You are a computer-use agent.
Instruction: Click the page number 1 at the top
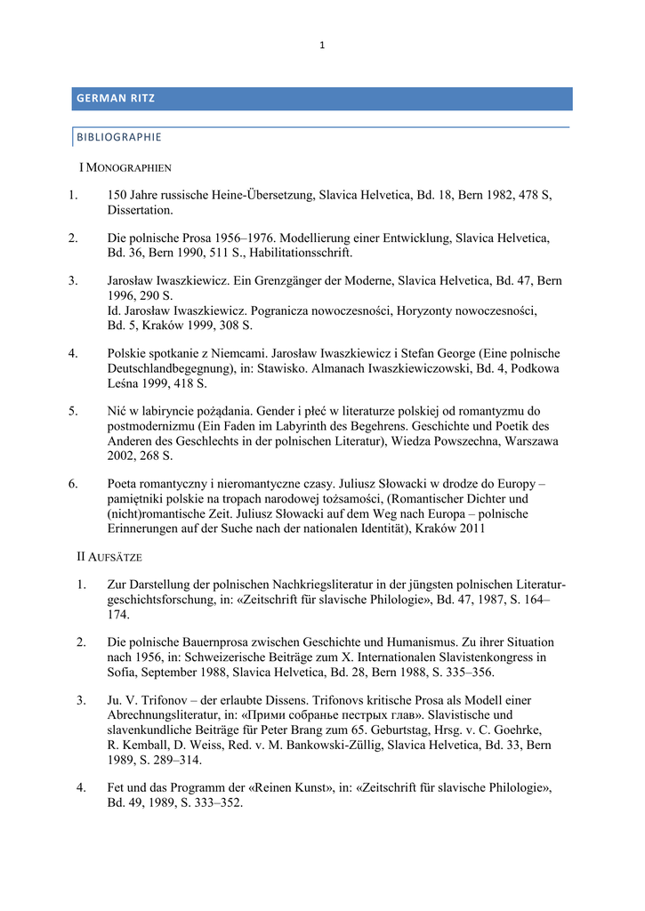click(x=322, y=45)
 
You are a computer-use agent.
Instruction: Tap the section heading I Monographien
click(x=125, y=166)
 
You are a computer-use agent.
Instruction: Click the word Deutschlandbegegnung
click(x=176, y=368)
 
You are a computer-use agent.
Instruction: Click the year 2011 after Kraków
click(x=472, y=528)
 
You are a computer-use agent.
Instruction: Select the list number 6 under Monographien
click(x=73, y=484)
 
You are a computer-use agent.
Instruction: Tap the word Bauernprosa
click(x=212, y=641)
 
